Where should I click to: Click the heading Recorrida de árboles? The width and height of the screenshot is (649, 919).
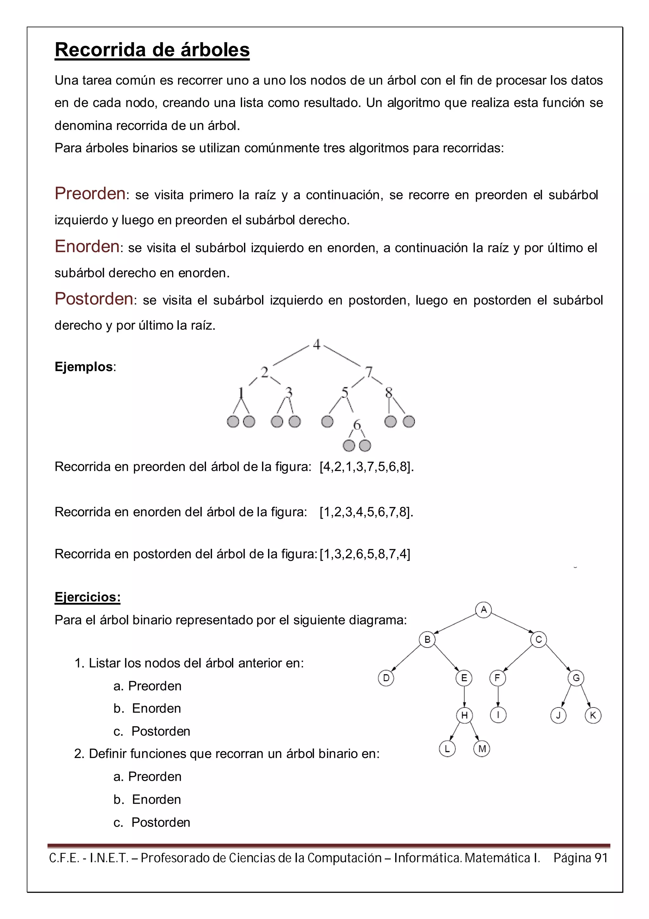(152, 50)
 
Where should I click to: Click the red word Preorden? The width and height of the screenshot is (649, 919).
(90, 194)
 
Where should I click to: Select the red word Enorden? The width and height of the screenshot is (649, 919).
(87, 247)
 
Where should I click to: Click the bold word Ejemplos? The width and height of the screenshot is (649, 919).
(84, 367)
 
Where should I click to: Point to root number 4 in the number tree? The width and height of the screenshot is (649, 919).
(317, 344)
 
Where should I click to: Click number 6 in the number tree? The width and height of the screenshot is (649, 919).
(357, 424)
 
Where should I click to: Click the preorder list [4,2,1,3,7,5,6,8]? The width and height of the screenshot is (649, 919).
(366, 467)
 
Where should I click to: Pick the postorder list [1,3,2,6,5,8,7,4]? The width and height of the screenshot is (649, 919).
(365, 554)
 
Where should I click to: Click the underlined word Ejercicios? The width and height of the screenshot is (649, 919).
(87, 597)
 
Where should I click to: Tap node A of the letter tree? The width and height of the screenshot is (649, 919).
(484, 609)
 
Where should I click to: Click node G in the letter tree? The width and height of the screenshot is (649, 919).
(576, 678)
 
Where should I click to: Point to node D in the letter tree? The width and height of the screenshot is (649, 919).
(386, 678)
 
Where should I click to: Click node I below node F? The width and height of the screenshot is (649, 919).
(498, 715)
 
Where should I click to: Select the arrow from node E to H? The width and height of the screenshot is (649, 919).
(464, 696)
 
